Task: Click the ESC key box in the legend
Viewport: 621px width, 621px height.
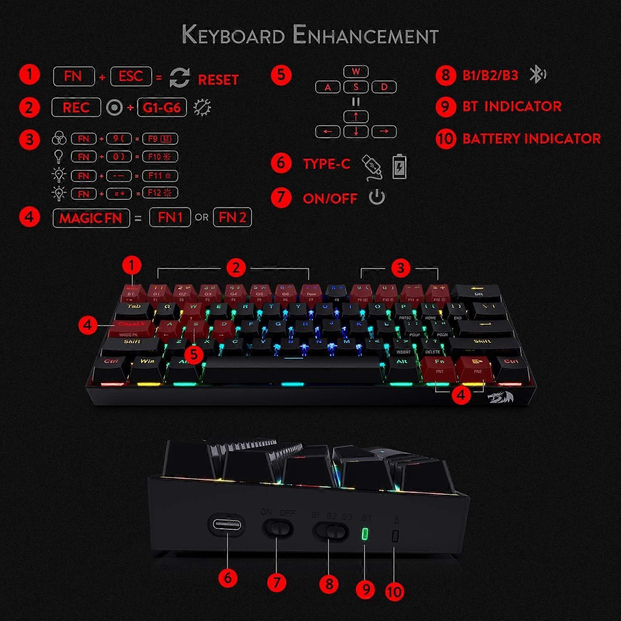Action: [x=131, y=77]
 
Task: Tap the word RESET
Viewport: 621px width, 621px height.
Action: [x=218, y=79]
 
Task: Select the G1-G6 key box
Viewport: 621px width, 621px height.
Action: [x=162, y=108]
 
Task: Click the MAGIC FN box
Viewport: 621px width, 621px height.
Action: [x=91, y=218]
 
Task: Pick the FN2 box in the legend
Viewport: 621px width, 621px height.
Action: [x=232, y=217]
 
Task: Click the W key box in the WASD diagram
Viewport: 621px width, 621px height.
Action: [x=356, y=72]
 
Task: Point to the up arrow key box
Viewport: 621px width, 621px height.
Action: [x=356, y=116]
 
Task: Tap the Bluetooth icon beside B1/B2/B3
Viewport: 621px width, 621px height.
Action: [x=537, y=75]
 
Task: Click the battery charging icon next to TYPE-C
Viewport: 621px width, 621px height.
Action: [x=399, y=166]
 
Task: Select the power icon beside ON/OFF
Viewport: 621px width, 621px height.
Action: [x=377, y=197]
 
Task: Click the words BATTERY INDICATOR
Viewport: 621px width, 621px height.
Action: [x=531, y=139]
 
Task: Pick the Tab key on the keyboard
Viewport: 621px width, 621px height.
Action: [x=134, y=308]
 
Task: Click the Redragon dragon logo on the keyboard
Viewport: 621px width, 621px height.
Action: [x=501, y=397]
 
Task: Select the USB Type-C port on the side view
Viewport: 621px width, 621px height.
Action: [x=227, y=525]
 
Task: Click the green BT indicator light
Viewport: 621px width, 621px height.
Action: [x=365, y=534]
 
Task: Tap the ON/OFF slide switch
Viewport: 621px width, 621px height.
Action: [x=278, y=529]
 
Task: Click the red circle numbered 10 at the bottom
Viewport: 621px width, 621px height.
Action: [x=394, y=592]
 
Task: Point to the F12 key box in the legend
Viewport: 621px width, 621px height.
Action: [x=160, y=193]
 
